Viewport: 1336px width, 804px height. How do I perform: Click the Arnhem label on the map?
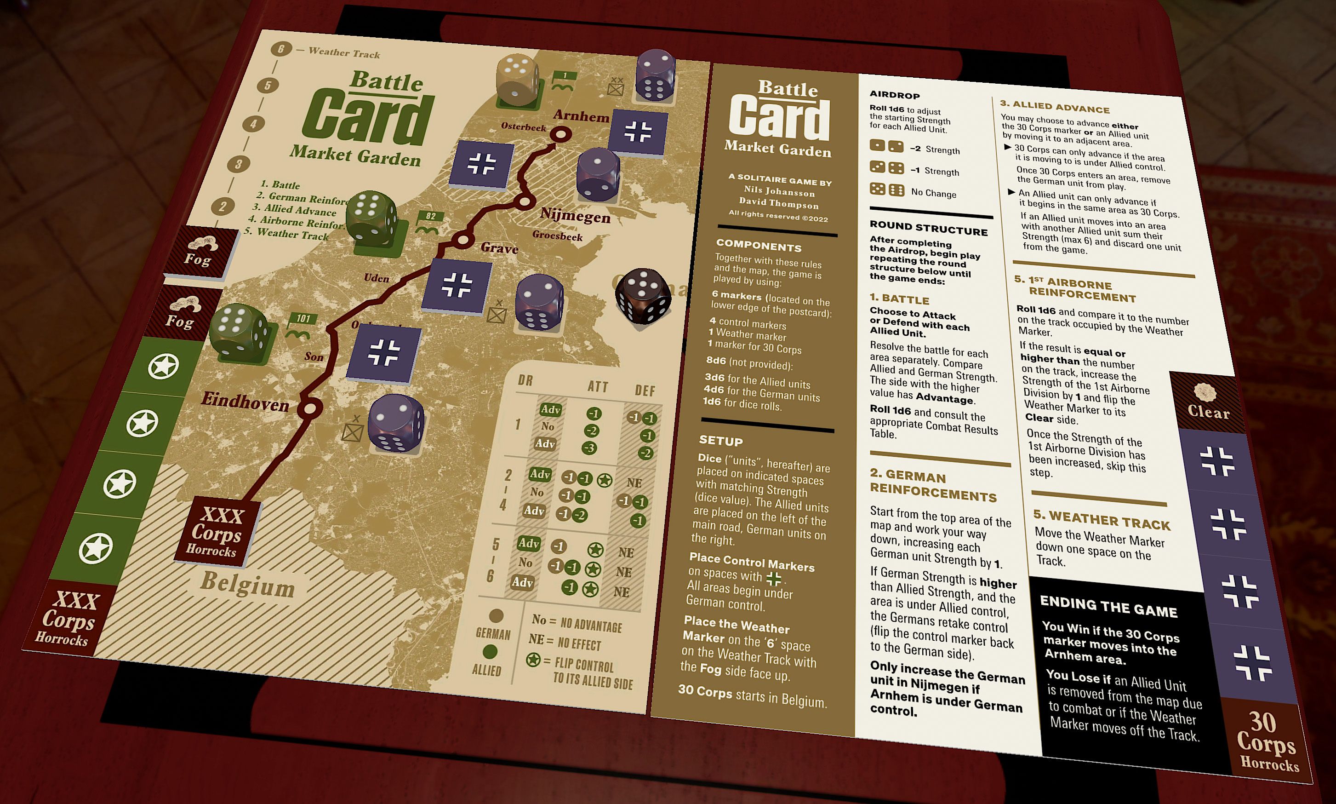(x=581, y=116)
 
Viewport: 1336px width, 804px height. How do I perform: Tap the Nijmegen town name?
(x=575, y=216)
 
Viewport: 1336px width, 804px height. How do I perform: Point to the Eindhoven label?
(x=245, y=402)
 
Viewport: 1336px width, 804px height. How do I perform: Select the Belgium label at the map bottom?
(x=247, y=585)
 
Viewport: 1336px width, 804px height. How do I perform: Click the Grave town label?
(x=499, y=248)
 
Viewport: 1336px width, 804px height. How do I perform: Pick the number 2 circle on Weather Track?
(x=223, y=206)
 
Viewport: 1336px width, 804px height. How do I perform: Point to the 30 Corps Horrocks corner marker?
(x=1266, y=741)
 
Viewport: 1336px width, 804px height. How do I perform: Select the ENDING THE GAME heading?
(x=1108, y=607)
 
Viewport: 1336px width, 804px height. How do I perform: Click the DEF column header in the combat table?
(x=645, y=391)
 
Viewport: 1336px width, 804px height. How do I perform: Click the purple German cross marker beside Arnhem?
(x=637, y=132)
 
